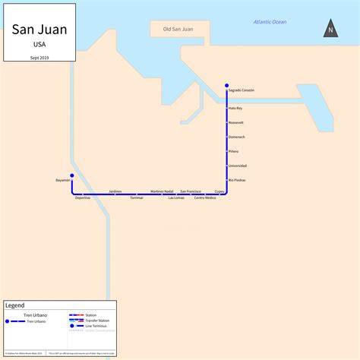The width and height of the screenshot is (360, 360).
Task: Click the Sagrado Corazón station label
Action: click(241, 90)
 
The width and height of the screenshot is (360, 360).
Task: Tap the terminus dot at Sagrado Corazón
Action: click(226, 85)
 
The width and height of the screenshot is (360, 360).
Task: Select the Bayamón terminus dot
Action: click(72, 175)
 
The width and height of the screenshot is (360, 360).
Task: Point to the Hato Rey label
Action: click(235, 108)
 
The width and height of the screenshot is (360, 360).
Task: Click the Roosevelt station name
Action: click(236, 122)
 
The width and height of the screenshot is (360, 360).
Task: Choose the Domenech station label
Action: click(236, 137)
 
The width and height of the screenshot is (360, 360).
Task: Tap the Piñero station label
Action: click(233, 151)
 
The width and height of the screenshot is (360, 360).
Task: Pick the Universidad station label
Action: click(237, 166)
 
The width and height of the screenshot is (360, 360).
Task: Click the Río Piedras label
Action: click(236, 180)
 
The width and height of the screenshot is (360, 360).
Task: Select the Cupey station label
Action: click(219, 191)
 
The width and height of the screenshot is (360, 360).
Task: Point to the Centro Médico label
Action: click(205, 197)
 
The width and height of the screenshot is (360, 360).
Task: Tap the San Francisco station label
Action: click(191, 191)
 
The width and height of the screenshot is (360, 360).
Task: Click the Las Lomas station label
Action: click(176, 197)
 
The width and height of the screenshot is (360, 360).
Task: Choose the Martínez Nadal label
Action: click(162, 191)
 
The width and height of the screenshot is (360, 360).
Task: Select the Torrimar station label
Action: click(136, 197)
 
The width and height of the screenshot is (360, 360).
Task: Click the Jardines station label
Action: click(115, 191)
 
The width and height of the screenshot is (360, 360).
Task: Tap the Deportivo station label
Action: click(83, 197)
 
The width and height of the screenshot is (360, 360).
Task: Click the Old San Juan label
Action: click(177, 30)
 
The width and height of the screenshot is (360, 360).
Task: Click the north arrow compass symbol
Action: click(330, 30)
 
